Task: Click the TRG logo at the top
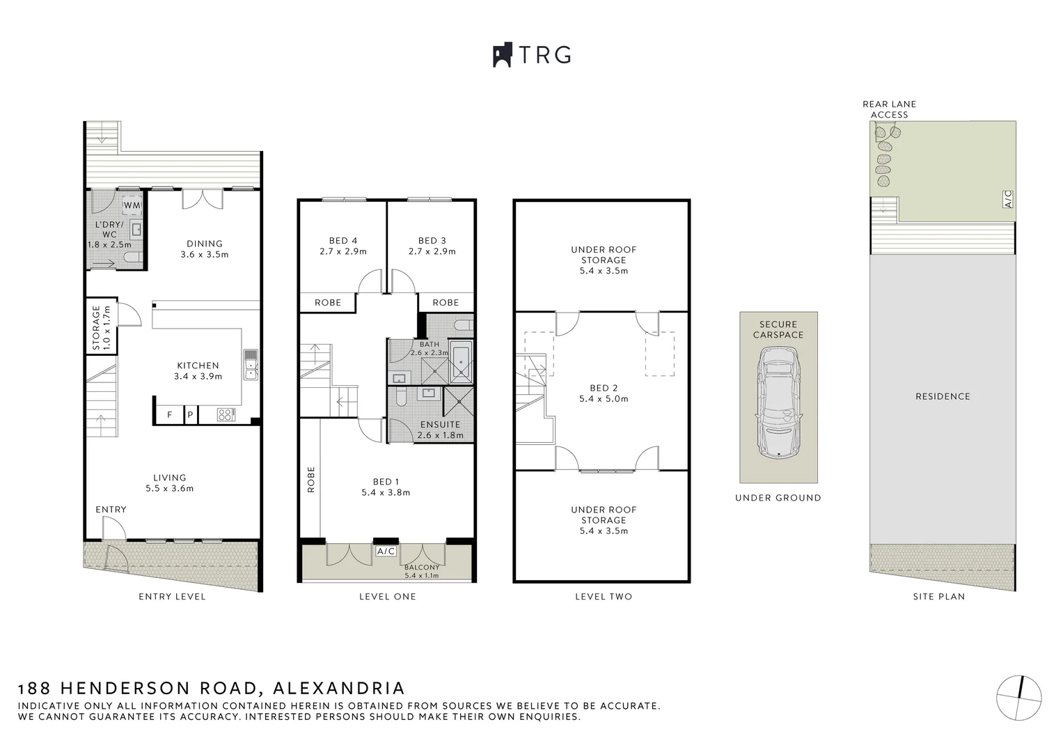click(x=532, y=55)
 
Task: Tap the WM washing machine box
click(x=132, y=206)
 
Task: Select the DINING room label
click(x=204, y=244)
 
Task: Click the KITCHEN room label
click(x=198, y=366)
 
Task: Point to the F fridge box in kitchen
click(x=169, y=415)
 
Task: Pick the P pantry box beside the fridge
click(x=190, y=415)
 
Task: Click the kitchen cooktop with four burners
click(x=226, y=415)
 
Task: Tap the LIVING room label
click(x=169, y=478)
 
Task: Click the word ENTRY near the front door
click(x=111, y=510)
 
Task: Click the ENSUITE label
click(x=440, y=424)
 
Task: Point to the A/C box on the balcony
click(x=386, y=551)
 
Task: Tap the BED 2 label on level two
click(x=604, y=389)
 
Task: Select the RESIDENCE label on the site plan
click(x=943, y=396)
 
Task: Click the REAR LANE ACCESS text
click(x=889, y=109)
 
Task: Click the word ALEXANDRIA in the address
click(x=339, y=689)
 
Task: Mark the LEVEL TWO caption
click(x=604, y=597)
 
